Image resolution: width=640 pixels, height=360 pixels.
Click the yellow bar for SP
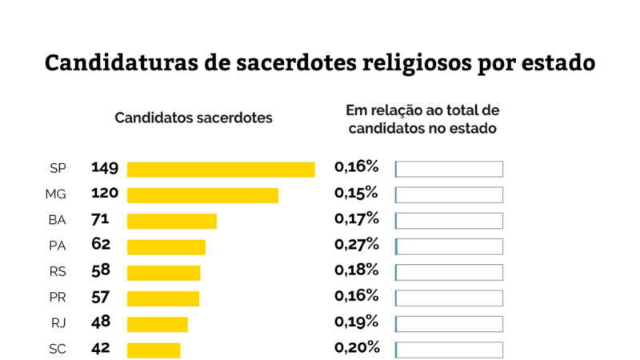221,169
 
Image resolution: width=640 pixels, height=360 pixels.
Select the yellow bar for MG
202,195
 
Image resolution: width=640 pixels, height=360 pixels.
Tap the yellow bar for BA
172,221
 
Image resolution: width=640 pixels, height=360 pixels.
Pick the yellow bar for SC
154,350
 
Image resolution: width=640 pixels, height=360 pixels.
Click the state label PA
57,246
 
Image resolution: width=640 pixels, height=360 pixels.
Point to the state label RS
58,272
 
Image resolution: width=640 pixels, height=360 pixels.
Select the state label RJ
58,324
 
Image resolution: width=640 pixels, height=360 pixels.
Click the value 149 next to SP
105,168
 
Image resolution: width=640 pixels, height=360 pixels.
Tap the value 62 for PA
101,245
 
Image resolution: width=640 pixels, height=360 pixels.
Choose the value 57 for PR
101,297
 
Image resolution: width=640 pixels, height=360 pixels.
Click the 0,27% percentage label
356,244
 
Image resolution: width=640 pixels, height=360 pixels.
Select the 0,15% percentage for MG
356,193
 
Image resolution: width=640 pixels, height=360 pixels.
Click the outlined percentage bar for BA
449,221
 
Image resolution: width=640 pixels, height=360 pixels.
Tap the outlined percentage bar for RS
449,272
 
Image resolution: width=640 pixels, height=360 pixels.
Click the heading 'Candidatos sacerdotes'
194,118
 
